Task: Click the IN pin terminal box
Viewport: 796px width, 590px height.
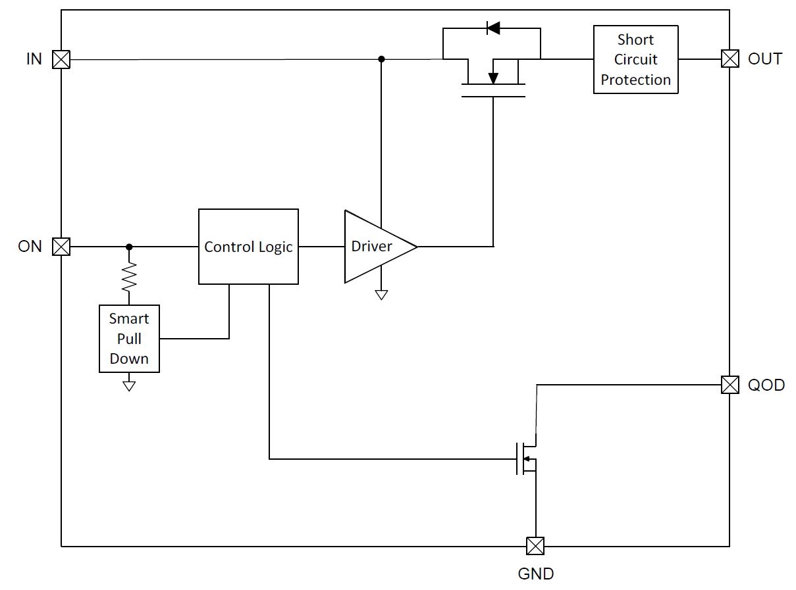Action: pos(61,60)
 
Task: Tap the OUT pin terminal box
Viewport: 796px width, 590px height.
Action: pos(730,59)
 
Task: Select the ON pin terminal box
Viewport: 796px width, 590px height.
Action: pos(61,247)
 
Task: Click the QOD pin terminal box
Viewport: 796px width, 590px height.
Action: pos(730,384)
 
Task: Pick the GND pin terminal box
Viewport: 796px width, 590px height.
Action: pos(535,546)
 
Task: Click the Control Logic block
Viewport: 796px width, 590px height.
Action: pos(248,247)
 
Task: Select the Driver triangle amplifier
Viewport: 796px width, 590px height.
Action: pos(375,247)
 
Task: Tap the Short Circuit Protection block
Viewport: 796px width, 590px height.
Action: pos(635,59)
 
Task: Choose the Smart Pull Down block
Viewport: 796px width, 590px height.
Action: pos(129,339)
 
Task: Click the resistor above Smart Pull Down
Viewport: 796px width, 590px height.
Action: pos(129,276)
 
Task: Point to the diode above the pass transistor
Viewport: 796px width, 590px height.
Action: pos(492,28)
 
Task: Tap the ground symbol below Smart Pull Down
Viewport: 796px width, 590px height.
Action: pos(129,385)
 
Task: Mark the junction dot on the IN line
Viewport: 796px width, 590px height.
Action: pos(381,59)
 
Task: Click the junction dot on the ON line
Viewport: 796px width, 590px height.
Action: pos(129,247)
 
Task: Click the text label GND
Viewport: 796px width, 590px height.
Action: pos(535,574)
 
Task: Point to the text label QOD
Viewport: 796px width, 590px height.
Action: pos(766,385)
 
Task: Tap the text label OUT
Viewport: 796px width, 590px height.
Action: pos(765,59)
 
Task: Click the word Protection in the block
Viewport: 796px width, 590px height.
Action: pos(635,80)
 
